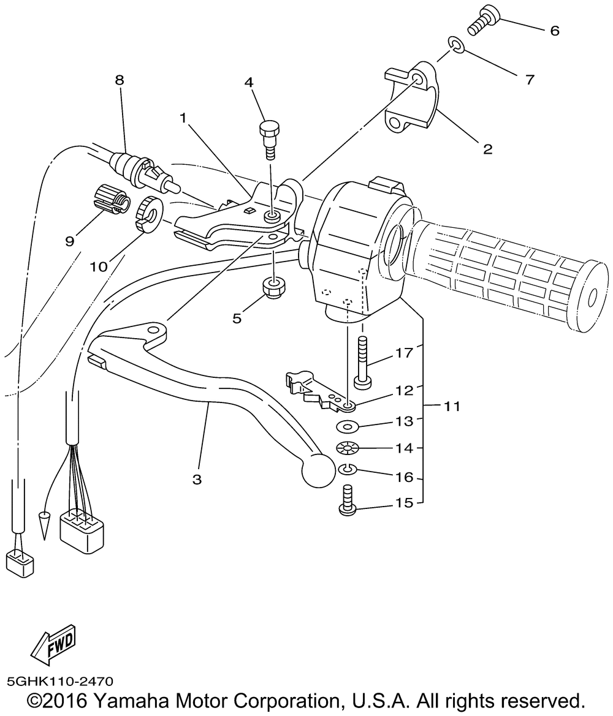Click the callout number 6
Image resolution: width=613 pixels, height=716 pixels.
click(x=554, y=31)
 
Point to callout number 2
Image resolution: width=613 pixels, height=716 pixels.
click(x=487, y=148)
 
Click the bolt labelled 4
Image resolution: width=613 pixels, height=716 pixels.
click(x=268, y=136)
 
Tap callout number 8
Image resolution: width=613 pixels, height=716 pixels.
click(x=119, y=80)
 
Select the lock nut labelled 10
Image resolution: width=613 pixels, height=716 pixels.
click(x=147, y=214)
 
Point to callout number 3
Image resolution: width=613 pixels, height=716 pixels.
click(x=197, y=479)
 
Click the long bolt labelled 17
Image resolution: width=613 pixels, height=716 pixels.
click(x=362, y=363)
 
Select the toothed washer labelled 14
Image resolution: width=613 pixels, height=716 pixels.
click(x=348, y=449)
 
